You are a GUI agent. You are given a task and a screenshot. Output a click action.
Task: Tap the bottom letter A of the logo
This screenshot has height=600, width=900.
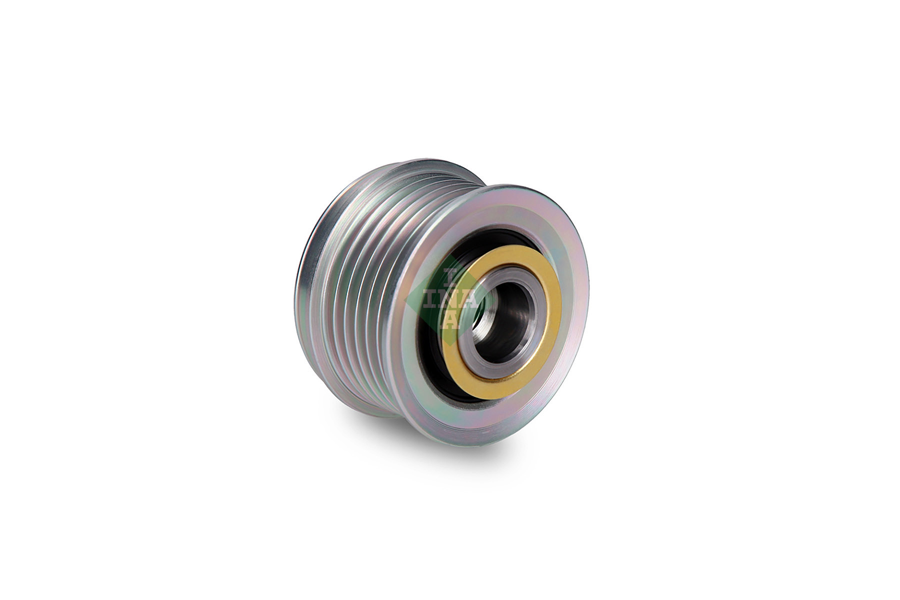point(449,320)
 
